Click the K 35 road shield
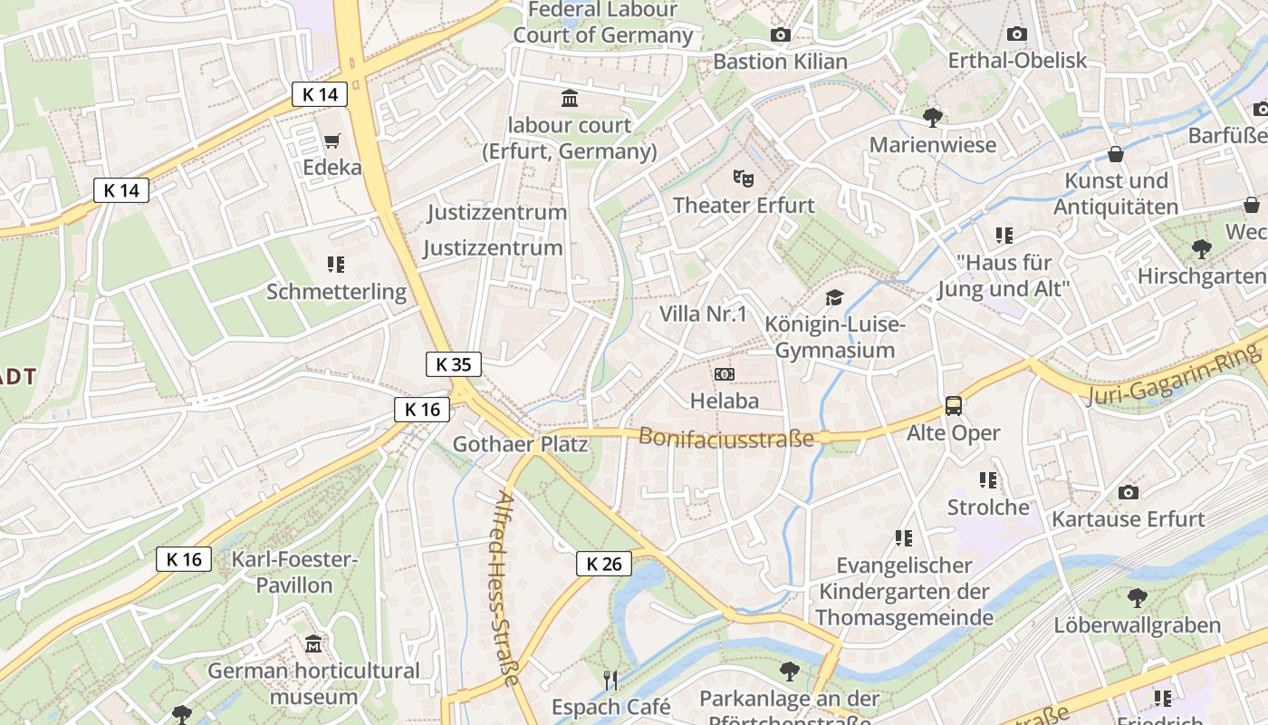tap(453, 364)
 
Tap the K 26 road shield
tap(603, 564)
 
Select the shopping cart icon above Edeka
tap(331, 140)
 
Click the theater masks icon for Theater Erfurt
tap(744, 177)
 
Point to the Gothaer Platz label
tap(520, 444)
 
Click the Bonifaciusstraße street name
tap(726, 437)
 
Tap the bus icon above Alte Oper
tap(954, 406)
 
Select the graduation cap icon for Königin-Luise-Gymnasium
tap(833, 297)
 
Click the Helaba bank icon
tap(724, 373)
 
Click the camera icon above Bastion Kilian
tap(780, 34)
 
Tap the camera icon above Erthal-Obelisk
tap(1016, 34)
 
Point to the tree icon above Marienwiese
tap(932, 117)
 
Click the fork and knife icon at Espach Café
tap(610, 679)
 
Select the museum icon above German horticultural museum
tap(313, 643)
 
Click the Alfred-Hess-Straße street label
tap(508, 589)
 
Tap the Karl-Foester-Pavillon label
tap(294, 572)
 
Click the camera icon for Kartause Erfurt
tap(1128, 492)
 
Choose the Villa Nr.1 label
tap(703, 314)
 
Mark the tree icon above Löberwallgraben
tap(1137, 597)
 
